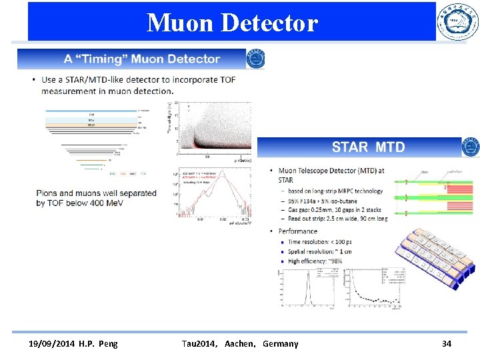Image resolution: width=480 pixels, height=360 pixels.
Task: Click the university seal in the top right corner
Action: coord(457,22)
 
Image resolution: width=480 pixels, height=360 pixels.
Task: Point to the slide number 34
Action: coord(447,343)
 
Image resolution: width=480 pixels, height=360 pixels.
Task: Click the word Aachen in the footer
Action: coord(240,343)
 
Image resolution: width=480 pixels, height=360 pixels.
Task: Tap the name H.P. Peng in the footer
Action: coord(99,343)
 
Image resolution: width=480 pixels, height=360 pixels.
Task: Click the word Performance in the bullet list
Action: coord(298,231)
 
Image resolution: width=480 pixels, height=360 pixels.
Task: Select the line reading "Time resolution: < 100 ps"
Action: coord(320,241)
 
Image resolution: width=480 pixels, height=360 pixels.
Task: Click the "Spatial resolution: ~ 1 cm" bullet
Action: coord(320,251)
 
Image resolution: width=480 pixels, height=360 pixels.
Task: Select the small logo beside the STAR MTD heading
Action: coord(471,147)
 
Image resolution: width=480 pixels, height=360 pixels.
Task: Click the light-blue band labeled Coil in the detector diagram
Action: coord(91,115)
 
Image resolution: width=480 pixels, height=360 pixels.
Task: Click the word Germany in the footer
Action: coord(281,343)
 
